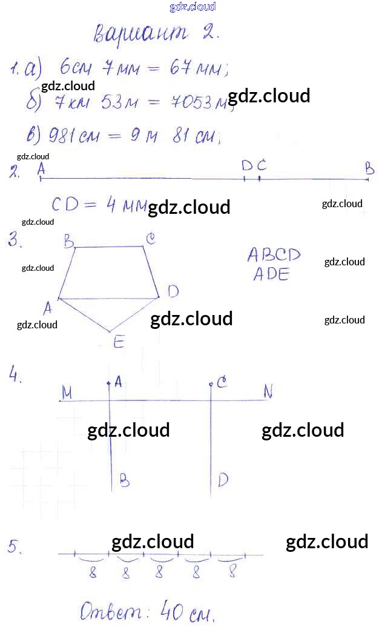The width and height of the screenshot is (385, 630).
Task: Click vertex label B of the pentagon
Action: (x=68, y=242)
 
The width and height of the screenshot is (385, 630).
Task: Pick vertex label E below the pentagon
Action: (x=118, y=343)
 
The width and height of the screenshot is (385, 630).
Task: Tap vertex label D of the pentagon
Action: (x=173, y=292)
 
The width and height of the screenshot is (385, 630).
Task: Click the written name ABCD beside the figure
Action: (x=274, y=254)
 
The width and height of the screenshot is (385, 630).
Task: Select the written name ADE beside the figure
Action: (x=271, y=274)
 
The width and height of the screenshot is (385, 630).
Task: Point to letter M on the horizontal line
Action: (x=67, y=393)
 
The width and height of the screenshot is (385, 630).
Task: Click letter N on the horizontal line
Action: (x=268, y=393)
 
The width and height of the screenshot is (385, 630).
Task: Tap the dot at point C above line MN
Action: (x=211, y=384)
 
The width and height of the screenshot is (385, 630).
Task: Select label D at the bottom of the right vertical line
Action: (x=223, y=480)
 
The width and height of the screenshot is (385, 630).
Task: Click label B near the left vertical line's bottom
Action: (x=123, y=480)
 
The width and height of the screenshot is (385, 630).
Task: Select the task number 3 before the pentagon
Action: (x=15, y=241)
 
